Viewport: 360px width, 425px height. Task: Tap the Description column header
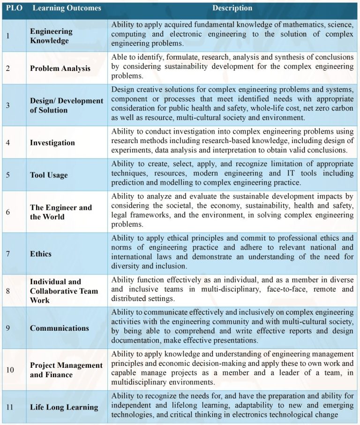click(x=232, y=8)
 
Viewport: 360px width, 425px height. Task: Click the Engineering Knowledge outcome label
click(x=51, y=36)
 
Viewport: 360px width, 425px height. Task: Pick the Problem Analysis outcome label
click(x=60, y=68)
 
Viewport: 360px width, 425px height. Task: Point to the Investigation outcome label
click(x=52, y=142)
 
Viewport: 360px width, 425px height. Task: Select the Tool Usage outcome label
click(x=49, y=175)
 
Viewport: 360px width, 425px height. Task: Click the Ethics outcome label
click(x=41, y=254)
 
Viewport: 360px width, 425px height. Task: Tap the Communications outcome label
click(x=59, y=328)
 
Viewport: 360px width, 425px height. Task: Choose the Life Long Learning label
click(x=64, y=407)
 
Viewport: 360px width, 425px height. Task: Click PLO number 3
click(x=7, y=105)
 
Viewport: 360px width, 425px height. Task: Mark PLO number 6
click(x=7, y=212)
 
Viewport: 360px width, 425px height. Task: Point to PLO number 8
click(x=7, y=291)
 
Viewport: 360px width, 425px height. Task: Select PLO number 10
click(x=10, y=370)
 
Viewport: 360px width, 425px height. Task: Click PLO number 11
click(x=10, y=407)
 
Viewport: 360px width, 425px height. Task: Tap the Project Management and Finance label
click(x=66, y=370)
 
